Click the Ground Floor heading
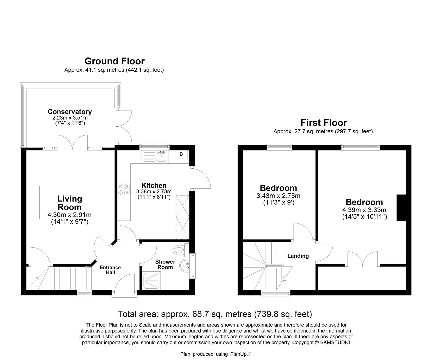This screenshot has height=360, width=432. tap(114, 61)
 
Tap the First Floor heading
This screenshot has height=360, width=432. tap(323, 123)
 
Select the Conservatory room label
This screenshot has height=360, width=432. tap(69, 112)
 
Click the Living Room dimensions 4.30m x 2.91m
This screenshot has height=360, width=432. tap(69, 215)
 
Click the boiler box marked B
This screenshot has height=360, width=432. tap(181, 154)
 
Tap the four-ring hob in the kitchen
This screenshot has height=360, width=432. tap(123, 189)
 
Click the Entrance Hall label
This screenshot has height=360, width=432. tap(110, 270)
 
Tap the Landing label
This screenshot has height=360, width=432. tap(298, 256)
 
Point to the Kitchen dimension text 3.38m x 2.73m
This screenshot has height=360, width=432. tap(154, 192)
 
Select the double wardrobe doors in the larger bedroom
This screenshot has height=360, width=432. tap(363, 259)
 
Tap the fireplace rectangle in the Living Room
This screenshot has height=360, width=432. tap(33, 202)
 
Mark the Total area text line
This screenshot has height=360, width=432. tap(215, 314)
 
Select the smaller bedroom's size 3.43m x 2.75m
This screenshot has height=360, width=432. tap(278, 196)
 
